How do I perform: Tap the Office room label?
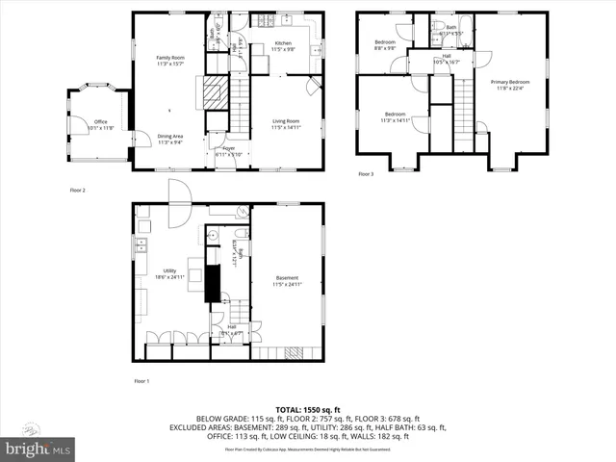tap(100, 124)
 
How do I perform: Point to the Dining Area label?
tap(171, 140)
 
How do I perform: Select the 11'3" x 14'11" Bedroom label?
tap(395, 117)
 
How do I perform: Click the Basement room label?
tap(287, 281)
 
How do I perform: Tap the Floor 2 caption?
tap(77, 191)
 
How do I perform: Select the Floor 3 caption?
tap(366, 174)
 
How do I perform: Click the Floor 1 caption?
tap(141, 382)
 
